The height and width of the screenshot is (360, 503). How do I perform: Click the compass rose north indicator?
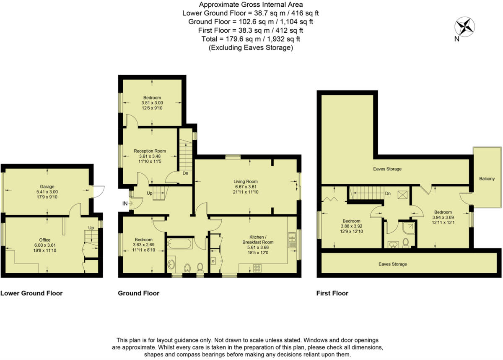(x=465, y=28)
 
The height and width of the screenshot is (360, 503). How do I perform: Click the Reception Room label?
(x=150, y=151)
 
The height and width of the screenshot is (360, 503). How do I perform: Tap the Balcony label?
(x=487, y=179)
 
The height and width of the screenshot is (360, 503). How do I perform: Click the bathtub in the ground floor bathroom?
(x=180, y=243)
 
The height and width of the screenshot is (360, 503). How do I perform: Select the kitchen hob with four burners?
(x=257, y=267)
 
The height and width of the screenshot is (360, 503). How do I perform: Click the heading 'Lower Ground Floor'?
(x=31, y=293)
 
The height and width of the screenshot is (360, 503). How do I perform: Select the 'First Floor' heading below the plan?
(x=332, y=293)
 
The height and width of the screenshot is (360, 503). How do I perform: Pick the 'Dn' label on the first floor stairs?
(x=388, y=194)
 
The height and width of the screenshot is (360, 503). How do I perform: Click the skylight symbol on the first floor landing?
(x=401, y=194)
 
